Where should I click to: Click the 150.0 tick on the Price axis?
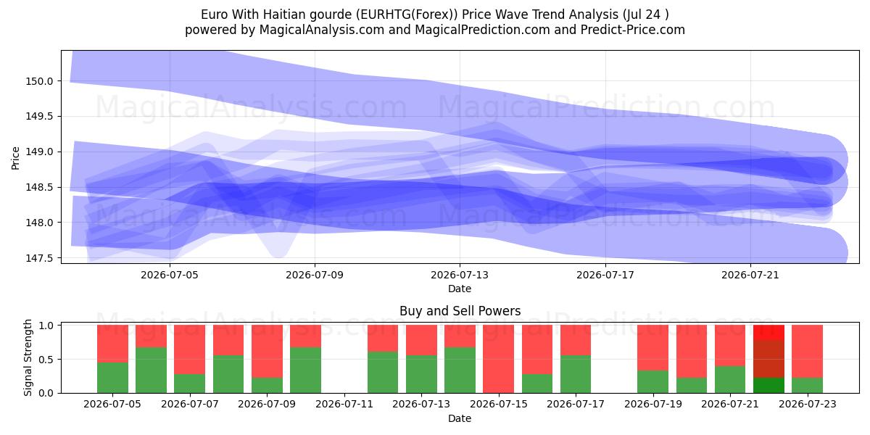coord(39,81)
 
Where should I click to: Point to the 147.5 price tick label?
coord(39,258)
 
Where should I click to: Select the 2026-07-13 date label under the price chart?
coord(460,275)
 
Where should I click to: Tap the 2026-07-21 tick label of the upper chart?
coord(750,275)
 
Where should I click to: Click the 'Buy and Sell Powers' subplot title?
coord(460,311)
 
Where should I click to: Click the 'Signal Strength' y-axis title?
coord(28,357)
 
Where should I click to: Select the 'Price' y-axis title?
coord(15,158)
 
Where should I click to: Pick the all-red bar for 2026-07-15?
coord(498,359)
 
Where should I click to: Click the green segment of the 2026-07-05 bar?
coord(112,378)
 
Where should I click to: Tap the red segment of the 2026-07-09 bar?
coord(267,351)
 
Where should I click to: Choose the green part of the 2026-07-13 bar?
coord(421,374)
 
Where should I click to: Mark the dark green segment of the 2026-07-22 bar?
coord(768,385)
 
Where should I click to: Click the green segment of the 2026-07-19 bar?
coord(653,382)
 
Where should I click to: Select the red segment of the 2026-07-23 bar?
coord(807,351)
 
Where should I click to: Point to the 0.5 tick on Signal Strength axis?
coord(46,360)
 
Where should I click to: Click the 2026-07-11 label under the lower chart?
coord(344,405)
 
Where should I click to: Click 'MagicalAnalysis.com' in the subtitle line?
coord(322,30)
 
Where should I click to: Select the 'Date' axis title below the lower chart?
coord(460,418)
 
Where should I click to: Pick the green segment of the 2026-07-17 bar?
coord(576,374)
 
